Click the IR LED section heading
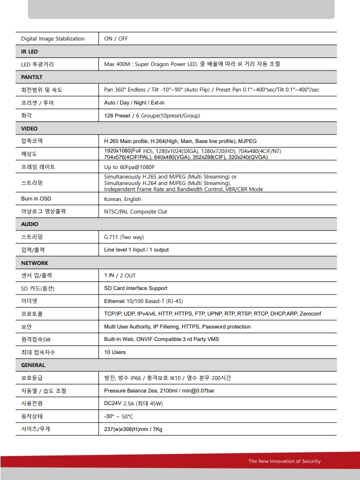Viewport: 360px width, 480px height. coord(29,51)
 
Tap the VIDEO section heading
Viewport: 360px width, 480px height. coord(29,128)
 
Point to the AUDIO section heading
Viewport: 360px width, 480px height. coord(29,224)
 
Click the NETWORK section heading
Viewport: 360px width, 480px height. coord(34,263)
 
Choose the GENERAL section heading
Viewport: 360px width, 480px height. coord(33,365)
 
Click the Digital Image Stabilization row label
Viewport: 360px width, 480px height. coord(52,38)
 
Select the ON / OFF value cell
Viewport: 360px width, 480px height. coord(116,38)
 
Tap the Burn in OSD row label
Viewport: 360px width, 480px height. coord(36,199)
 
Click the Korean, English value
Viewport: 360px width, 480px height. coord(122,199)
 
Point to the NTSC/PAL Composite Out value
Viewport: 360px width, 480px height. coord(135,211)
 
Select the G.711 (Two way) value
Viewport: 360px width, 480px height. coord(124,237)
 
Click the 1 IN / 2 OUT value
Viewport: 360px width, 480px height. coord(119,275)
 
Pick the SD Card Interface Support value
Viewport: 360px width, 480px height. coord(135,288)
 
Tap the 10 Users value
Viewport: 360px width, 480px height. coord(115,352)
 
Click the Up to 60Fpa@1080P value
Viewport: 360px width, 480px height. coord(129,167)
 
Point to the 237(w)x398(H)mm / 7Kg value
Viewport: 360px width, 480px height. coord(133,429)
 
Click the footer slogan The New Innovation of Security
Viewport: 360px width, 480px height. coord(284,461)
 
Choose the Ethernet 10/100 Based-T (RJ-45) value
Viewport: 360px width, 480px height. coord(143,301)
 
